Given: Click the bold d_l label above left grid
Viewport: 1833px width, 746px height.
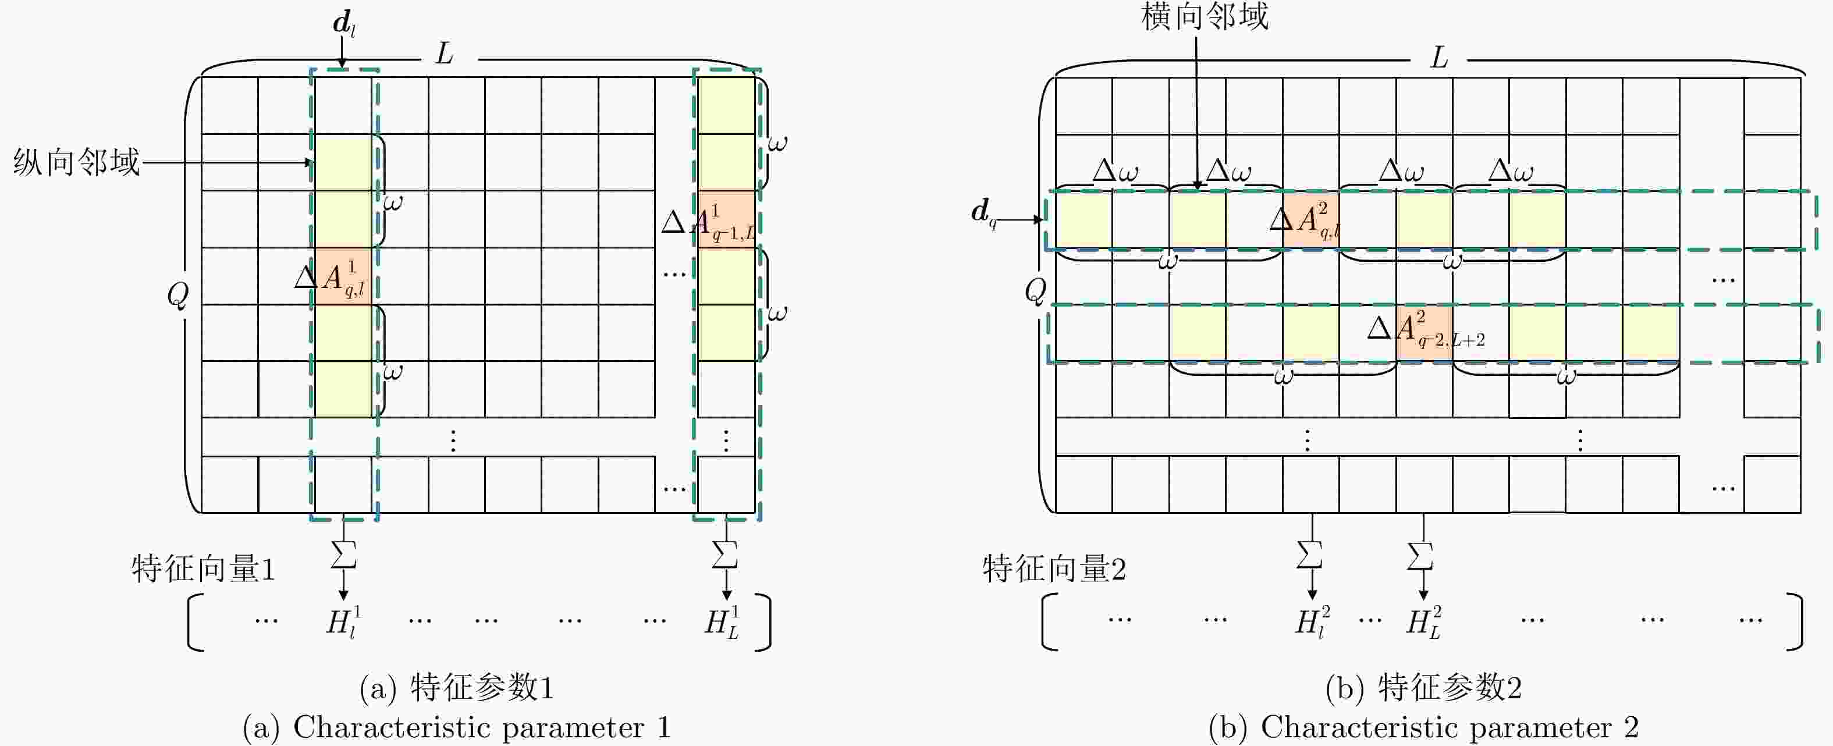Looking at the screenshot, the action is (x=344, y=24).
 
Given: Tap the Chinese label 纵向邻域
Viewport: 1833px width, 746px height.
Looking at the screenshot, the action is (x=76, y=162).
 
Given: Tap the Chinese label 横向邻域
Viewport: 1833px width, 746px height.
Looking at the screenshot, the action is (x=1205, y=16).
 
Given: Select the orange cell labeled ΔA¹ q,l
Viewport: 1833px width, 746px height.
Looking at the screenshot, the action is (x=343, y=276).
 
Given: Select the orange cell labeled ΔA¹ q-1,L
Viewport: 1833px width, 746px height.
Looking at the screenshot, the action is (x=726, y=219).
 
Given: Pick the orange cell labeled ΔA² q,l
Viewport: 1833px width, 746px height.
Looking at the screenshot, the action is (x=1310, y=219).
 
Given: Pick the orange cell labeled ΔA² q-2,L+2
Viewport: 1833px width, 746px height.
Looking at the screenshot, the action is (x=1424, y=333).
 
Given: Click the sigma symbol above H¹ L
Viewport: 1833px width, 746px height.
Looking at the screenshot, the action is (x=725, y=555).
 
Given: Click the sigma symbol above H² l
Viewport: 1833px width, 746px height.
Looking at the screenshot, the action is (x=1310, y=555).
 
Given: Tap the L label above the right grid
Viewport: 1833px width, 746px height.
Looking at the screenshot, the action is (x=1439, y=57).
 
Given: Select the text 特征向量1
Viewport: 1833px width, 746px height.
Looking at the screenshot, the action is (x=204, y=569).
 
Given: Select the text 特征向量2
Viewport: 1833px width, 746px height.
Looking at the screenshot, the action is (x=1054, y=569).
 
